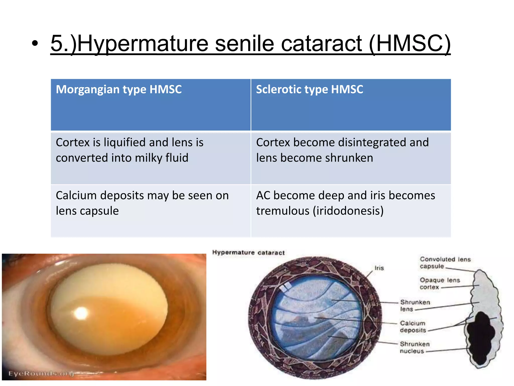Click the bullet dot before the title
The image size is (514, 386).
click(x=35, y=44)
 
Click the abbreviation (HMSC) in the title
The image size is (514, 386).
click(x=410, y=44)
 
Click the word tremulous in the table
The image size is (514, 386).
click(x=283, y=211)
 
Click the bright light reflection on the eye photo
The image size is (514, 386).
click(x=81, y=313)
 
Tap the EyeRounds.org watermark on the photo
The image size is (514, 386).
click(x=41, y=373)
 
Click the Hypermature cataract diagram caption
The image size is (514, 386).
click(x=248, y=253)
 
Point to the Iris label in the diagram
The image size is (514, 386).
click(x=379, y=268)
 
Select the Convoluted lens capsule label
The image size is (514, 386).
click(x=445, y=263)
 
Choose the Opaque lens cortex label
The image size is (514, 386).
click(x=439, y=283)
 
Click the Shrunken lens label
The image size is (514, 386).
click(x=415, y=305)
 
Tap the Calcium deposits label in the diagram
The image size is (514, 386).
click(x=413, y=326)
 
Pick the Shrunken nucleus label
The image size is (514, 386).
click(x=414, y=347)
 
